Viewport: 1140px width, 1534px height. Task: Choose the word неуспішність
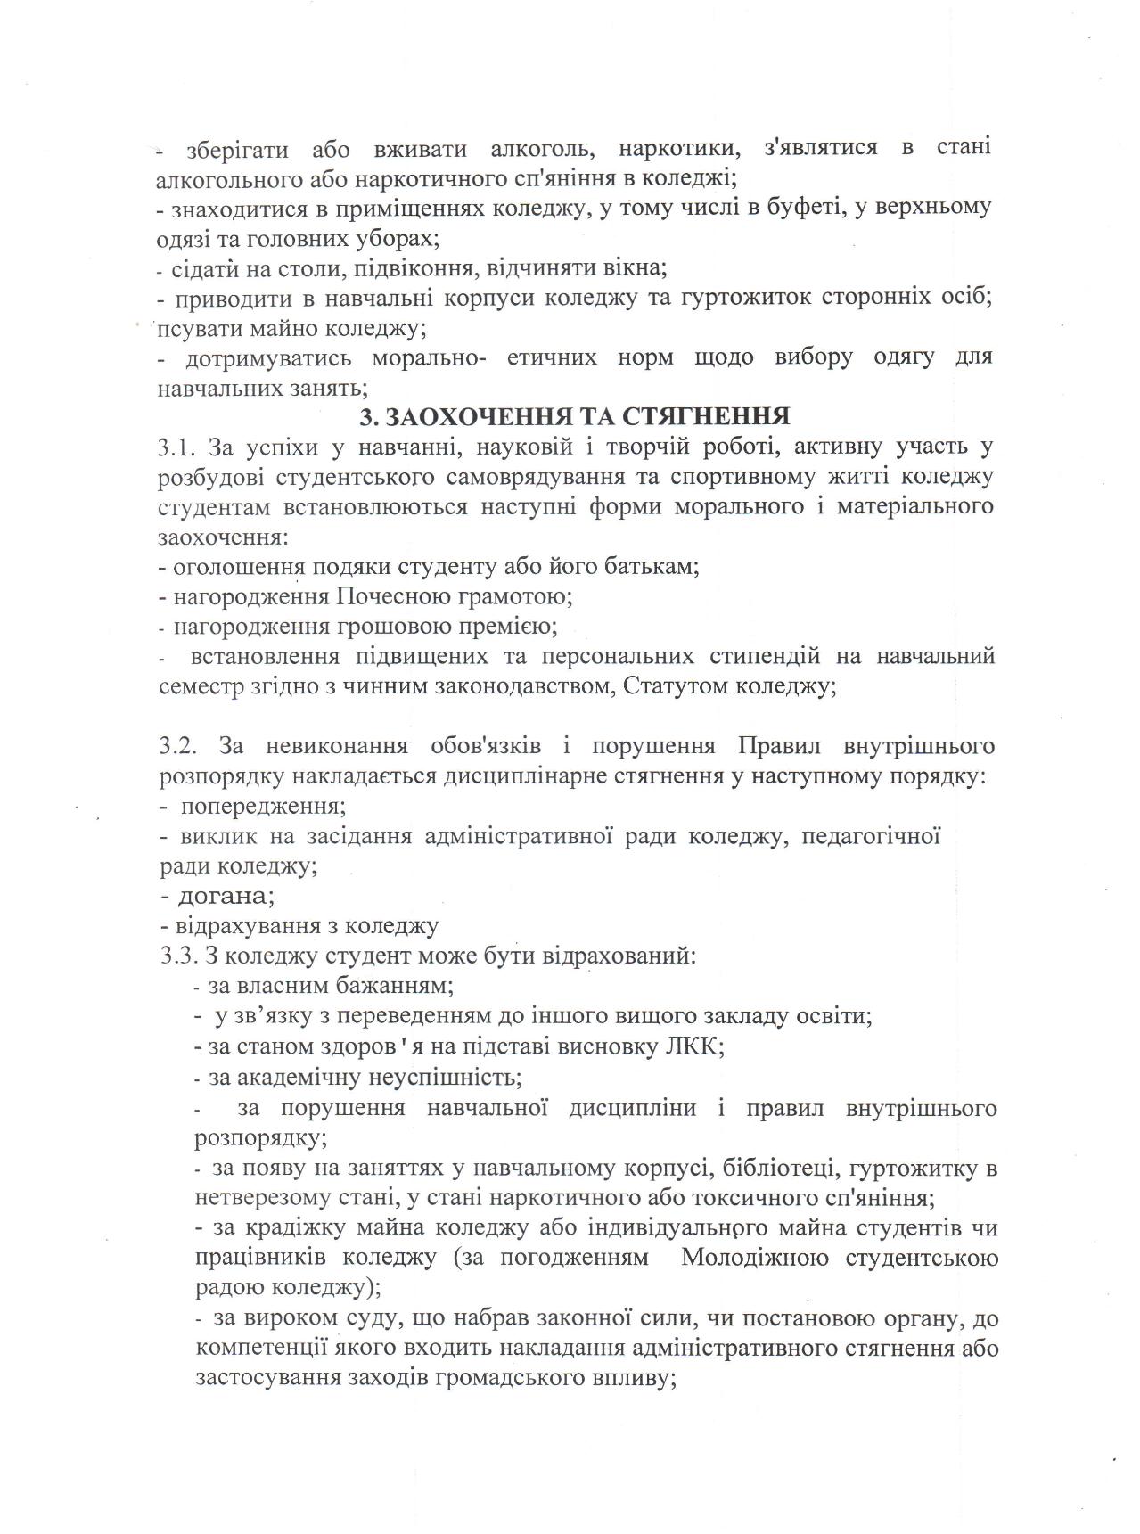point(455,1077)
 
